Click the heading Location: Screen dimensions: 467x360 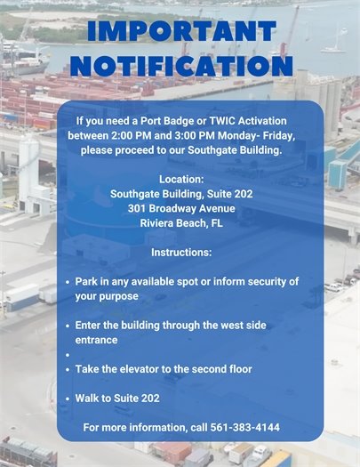[x=181, y=179]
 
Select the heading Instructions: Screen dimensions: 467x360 [x=181, y=253]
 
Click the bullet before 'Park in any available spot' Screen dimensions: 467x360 [x=68, y=282]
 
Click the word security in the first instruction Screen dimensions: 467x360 [x=252, y=281]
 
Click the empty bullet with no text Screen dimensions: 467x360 [x=68, y=354]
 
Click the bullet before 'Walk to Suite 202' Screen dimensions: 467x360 [x=68, y=399]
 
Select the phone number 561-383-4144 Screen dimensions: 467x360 [x=245, y=428]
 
